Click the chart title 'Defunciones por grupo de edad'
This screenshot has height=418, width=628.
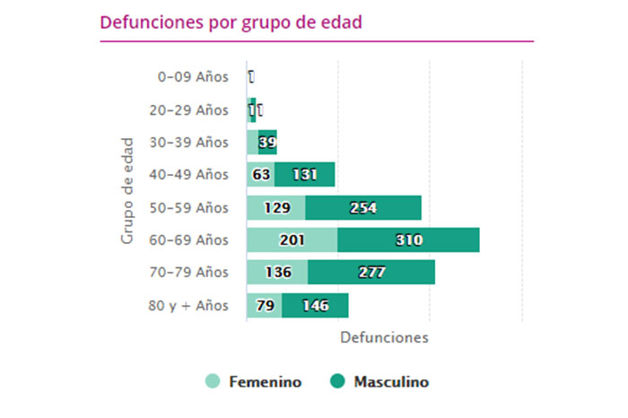click(231, 22)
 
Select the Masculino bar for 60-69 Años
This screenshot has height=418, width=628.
click(408, 240)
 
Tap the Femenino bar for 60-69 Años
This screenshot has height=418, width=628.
click(292, 240)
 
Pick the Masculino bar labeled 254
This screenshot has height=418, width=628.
click(362, 208)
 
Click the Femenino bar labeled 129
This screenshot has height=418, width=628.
click(275, 208)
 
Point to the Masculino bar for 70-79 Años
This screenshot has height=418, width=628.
click(371, 273)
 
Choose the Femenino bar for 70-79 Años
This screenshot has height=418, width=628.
click(277, 273)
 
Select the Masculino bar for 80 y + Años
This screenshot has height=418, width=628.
click(315, 306)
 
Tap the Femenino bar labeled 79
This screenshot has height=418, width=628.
click(264, 306)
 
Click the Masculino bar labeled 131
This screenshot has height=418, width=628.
click(304, 175)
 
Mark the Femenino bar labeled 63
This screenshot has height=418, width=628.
click(260, 175)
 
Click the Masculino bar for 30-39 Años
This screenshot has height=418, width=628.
click(267, 142)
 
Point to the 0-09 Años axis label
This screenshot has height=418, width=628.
click(193, 77)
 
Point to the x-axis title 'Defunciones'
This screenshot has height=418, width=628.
click(384, 338)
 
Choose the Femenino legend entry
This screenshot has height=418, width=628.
click(254, 382)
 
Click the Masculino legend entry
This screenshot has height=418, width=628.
click(379, 382)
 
